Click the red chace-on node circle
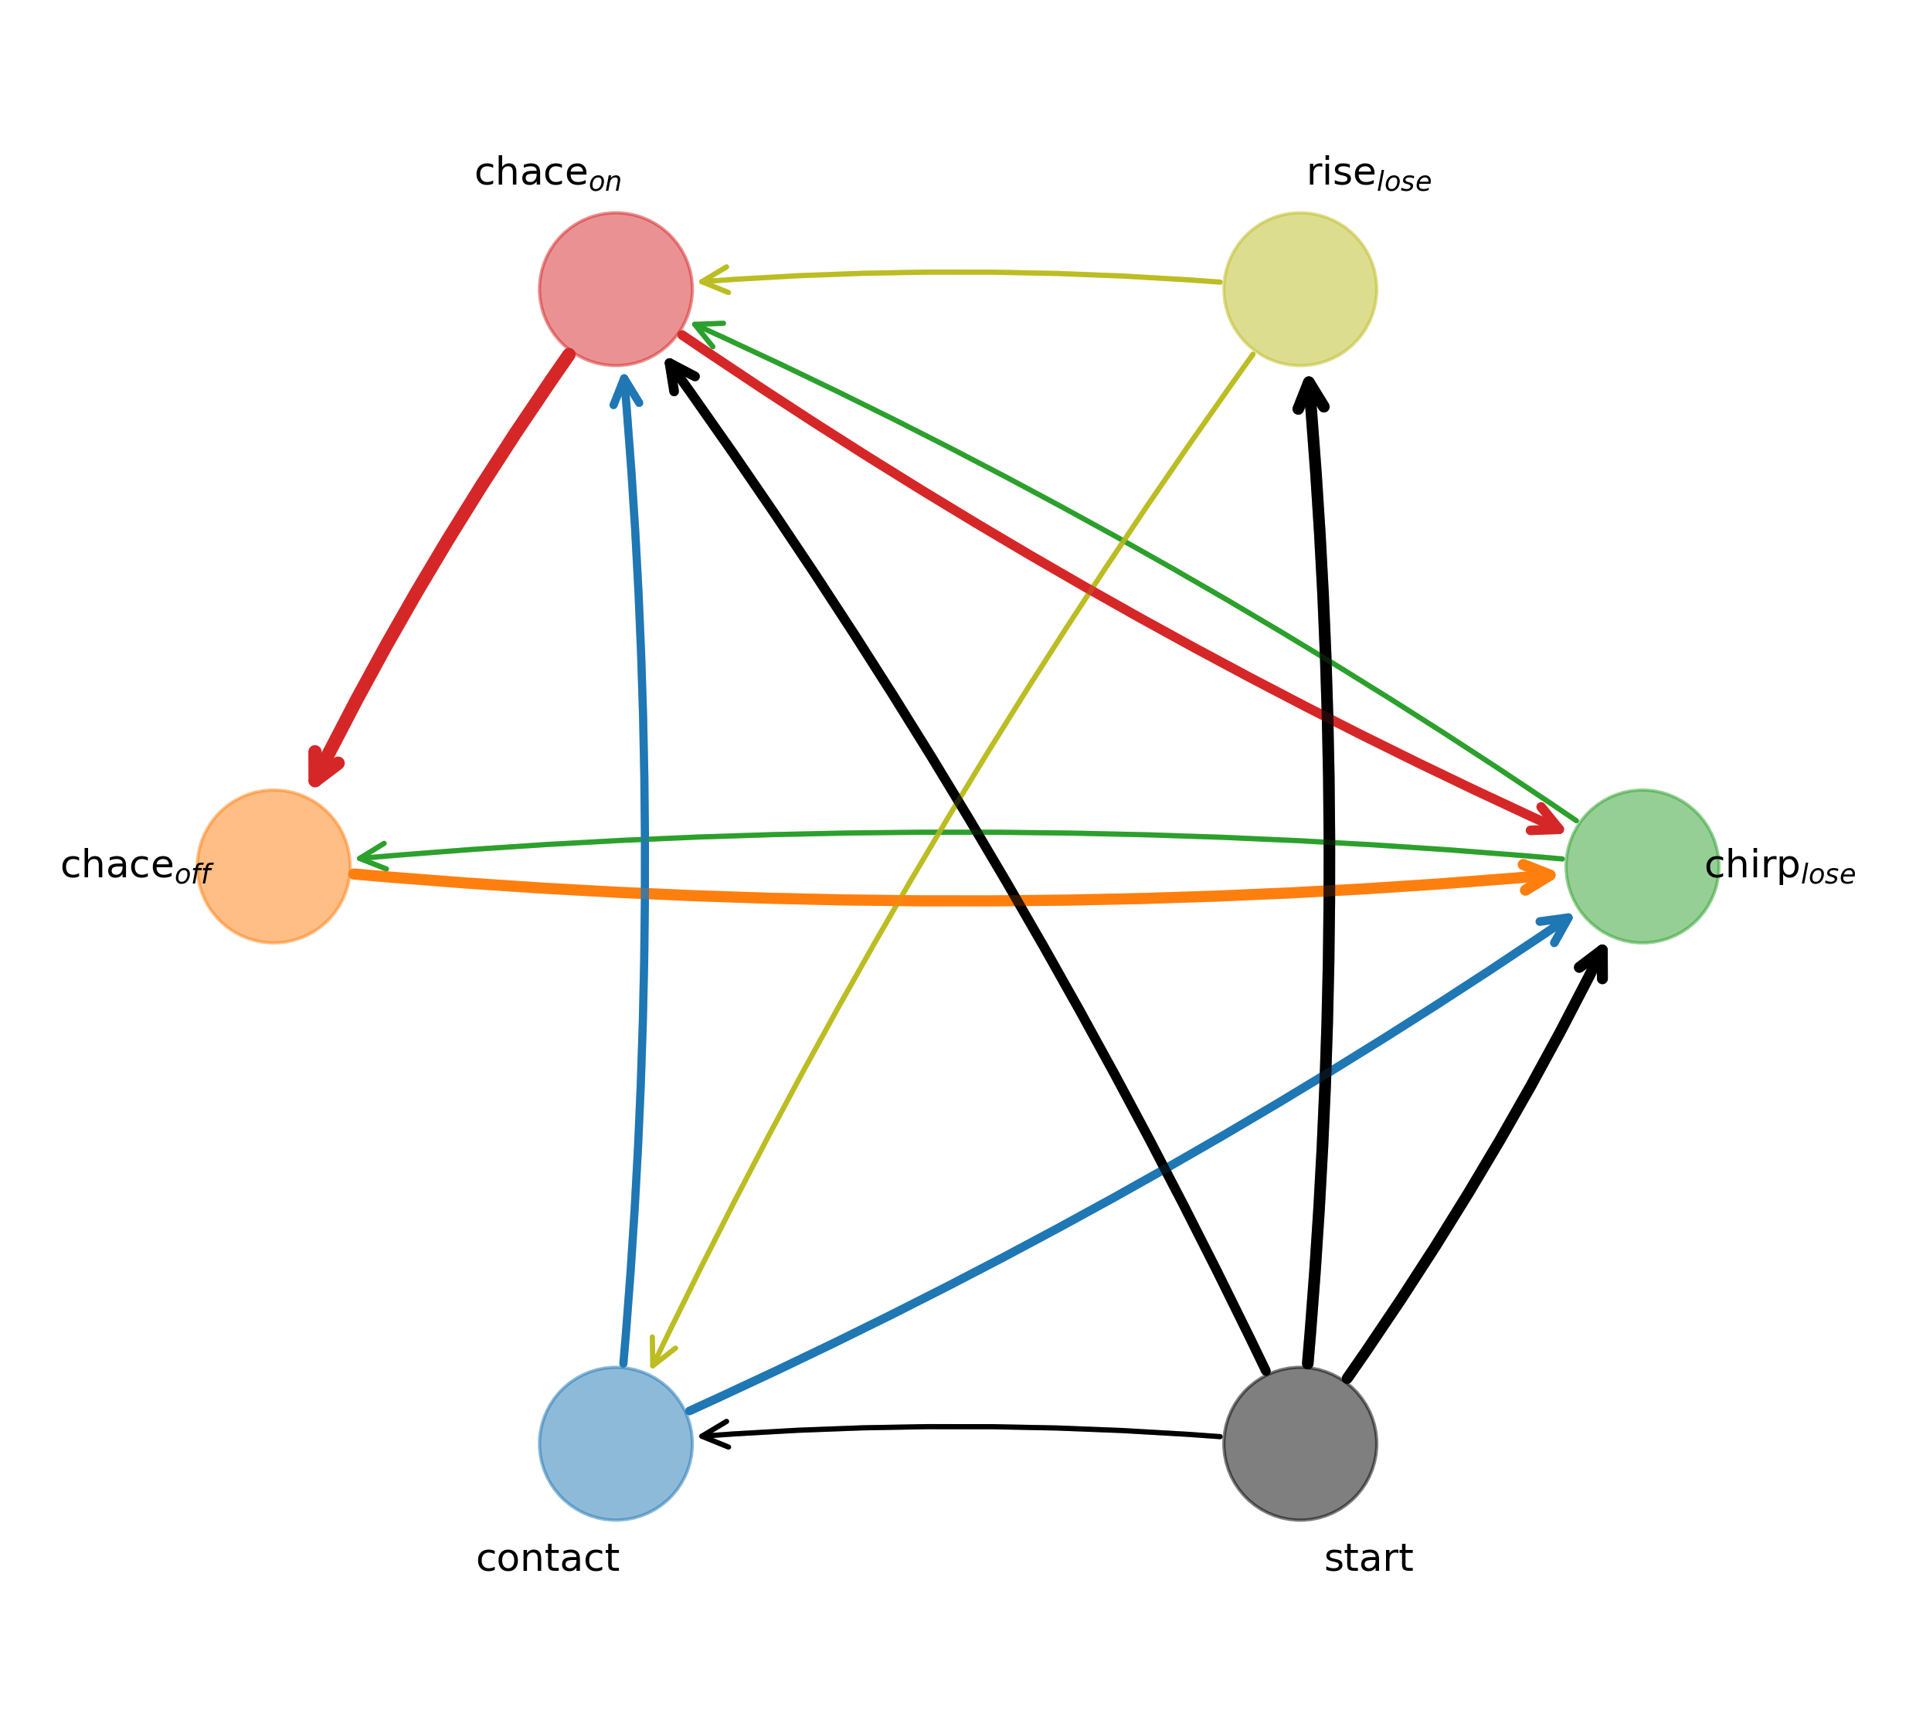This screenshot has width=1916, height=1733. tap(616, 289)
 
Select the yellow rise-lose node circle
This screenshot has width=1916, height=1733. tap(1300, 289)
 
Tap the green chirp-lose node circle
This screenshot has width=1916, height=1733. tap(1643, 867)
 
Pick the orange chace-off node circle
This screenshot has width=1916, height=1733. tap(273, 867)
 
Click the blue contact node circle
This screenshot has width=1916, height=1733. tap(616, 1443)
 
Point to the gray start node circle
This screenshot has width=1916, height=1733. tap(1300, 1443)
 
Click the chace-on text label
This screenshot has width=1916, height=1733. tap(548, 174)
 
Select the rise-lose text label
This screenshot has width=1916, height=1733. tap(1368, 174)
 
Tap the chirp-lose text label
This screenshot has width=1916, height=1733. tap(1779, 867)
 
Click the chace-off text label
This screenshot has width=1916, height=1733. tap(136, 867)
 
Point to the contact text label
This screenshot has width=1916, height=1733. tap(548, 1559)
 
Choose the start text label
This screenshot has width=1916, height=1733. tap(1368, 1559)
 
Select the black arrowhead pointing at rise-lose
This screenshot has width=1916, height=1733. tap(1310, 392)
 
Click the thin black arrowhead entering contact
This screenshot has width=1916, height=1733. tap(711, 1435)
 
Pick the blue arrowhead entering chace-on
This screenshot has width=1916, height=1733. tap(624, 388)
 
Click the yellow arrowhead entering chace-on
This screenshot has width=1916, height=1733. tap(711, 280)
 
